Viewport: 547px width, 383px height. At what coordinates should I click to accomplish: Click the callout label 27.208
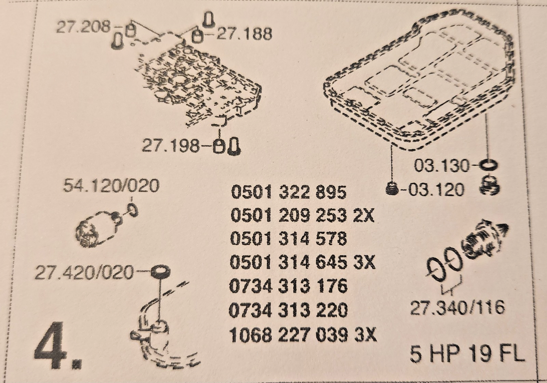pyautogui.click(x=83, y=27)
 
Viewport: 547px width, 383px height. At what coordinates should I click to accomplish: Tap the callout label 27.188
pyautogui.click(x=244, y=34)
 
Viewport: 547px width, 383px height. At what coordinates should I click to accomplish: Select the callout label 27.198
pyautogui.click(x=170, y=146)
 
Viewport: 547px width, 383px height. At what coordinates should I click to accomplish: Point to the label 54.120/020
pyautogui.click(x=111, y=186)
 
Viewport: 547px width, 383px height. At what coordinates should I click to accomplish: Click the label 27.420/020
pyautogui.click(x=84, y=273)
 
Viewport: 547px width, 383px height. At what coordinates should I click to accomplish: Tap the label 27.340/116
pyautogui.click(x=457, y=308)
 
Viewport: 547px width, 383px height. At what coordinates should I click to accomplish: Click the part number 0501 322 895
pyautogui.click(x=288, y=192)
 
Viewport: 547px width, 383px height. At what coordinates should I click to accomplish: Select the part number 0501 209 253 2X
pyautogui.click(x=302, y=215)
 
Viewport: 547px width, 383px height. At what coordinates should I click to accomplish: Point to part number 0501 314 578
pyautogui.click(x=288, y=239)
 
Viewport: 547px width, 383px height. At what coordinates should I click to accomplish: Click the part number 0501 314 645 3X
pyautogui.click(x=302, y=263)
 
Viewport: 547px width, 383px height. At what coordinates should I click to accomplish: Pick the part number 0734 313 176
pyautogui.click(x=288, y=286)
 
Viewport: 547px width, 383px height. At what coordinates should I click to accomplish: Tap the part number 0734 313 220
pyautogui.click(x=288, y=310)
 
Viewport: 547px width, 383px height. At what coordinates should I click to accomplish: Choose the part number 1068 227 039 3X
pyautogui.click(x=303, y=335)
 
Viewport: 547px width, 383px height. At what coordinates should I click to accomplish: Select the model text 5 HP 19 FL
pyautogui.click(x=467, y=354)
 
